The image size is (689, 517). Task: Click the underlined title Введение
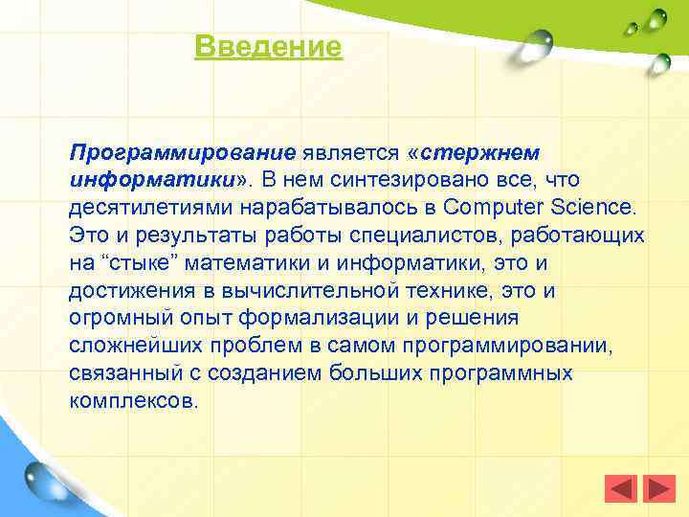pos(268,47)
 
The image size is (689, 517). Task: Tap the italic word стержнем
pos(479,152)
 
